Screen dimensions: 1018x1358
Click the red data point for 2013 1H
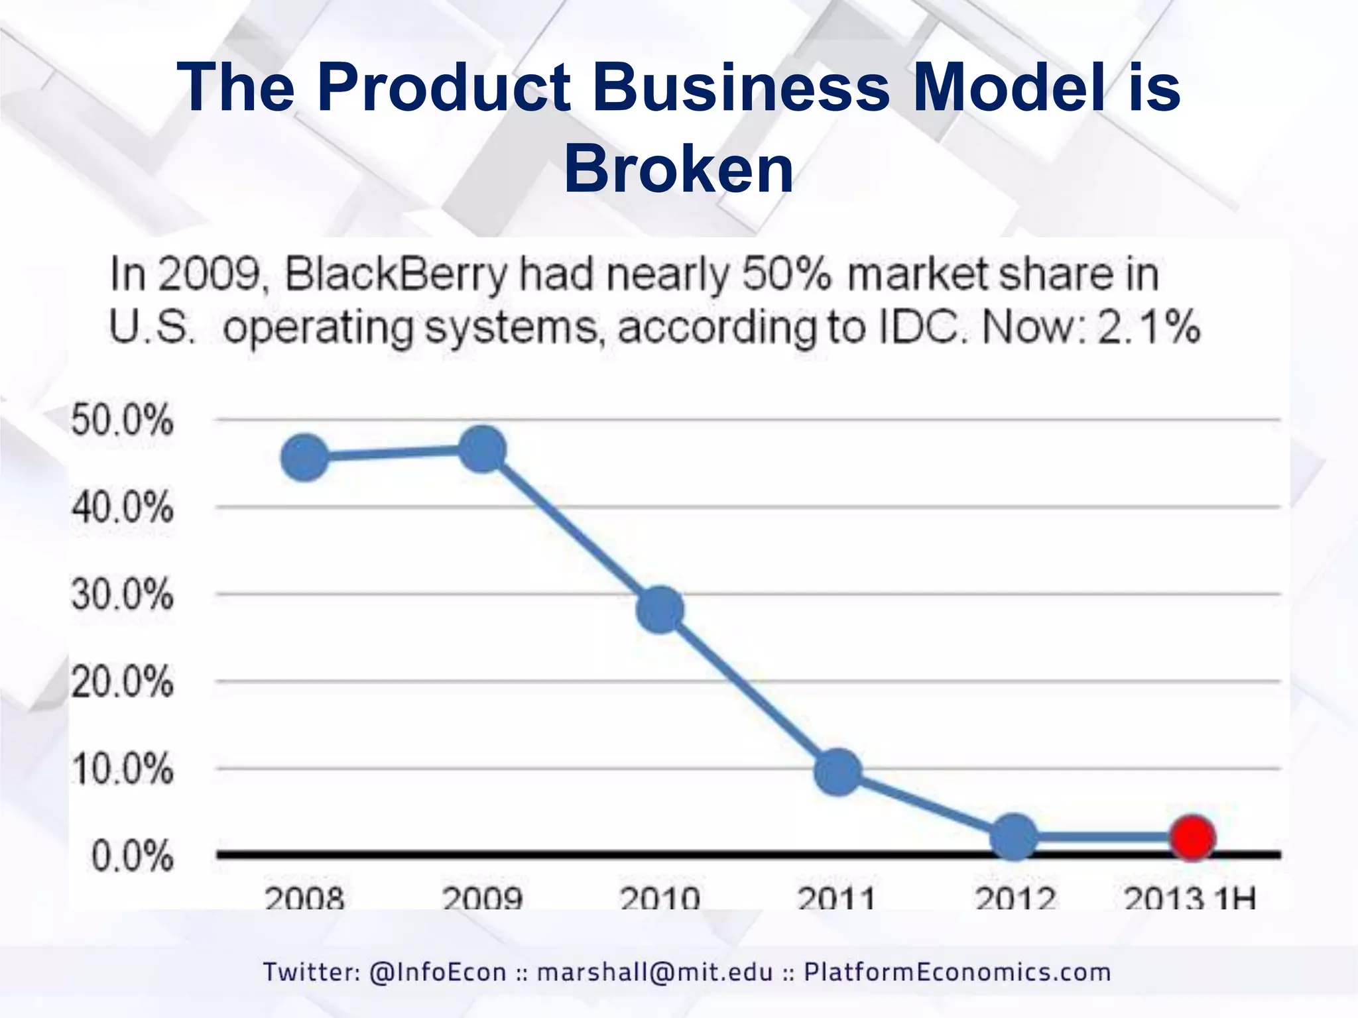(x=1192, y=838)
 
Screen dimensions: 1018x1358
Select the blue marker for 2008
(x=305, y=458)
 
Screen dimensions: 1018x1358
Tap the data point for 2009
(x=483, y=449)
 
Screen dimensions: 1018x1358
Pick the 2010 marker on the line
(x=660, y=609)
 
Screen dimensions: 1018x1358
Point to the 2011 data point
(x=837, y=772)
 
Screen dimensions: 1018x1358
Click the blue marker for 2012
(x=1014, y=838)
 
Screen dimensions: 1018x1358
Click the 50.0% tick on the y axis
(x=122, y=420)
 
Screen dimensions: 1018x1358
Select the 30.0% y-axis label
(x=122, y=594)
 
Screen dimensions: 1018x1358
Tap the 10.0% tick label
(x=122, y=769)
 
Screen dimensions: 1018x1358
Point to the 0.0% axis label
(x=132, y=856)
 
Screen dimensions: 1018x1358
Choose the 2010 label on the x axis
(x=659, y=898)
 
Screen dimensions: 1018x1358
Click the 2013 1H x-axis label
(x=1190, y=898)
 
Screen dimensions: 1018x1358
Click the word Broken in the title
(x=678, y=169)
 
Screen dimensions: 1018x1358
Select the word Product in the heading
(x=443, y=87)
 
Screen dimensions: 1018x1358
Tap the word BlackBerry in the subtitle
(x=395, y=274)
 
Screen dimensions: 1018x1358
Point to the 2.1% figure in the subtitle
(x=1148, y=327)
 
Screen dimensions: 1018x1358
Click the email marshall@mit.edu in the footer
(x=655, y=972)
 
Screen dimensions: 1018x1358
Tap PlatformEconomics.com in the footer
(x=957, y=972)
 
